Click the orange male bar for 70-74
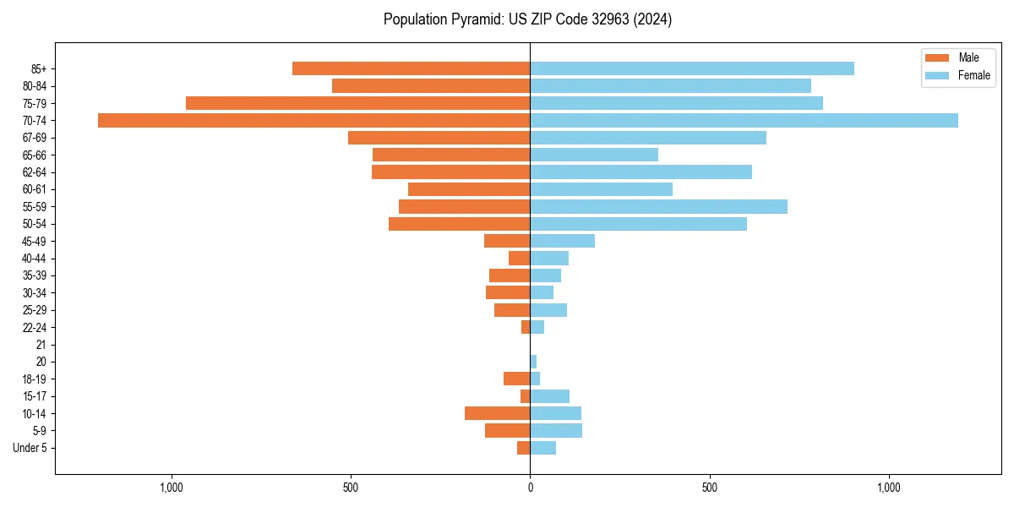313,120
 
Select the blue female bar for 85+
691,68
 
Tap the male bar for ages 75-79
357,103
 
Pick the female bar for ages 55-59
658,206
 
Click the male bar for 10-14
497,413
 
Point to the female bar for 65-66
593,155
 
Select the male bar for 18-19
516,379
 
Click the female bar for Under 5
542,448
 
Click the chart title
527,19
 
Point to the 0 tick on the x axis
530,488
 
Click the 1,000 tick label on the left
172,488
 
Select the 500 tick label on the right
709,488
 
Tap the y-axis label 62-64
35,172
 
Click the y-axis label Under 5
30,448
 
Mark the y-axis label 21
41,345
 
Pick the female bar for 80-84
670,85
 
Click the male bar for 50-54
459,224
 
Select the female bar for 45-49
562,241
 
